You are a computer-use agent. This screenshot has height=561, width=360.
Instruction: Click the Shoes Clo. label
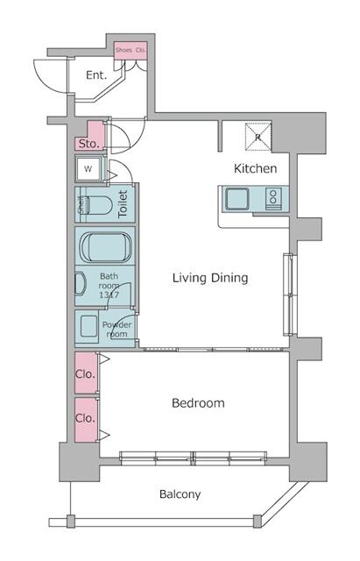pyautogui.click(x=130, y=51)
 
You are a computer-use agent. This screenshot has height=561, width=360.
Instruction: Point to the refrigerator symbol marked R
pyautogui.click(x=258, y=137)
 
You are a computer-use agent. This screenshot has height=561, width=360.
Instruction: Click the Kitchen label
pyautogui.click(x=255, y=168)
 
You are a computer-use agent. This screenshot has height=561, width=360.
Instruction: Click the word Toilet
pyautogui.click(x=123, y=204)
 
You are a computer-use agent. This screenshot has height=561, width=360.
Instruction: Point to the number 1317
pyautogui.click(x=108, y=295)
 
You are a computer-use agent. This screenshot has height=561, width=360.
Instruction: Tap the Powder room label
pyautogui.click(x=118, y=330)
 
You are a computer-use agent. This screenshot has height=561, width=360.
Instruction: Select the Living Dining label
pyautogui.click(x=209, y=278)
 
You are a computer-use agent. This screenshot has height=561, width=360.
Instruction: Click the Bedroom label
pyautogui.click(x=197, y=403)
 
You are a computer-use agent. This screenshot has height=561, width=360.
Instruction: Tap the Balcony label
pyautogui.click(x=180, y=494)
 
